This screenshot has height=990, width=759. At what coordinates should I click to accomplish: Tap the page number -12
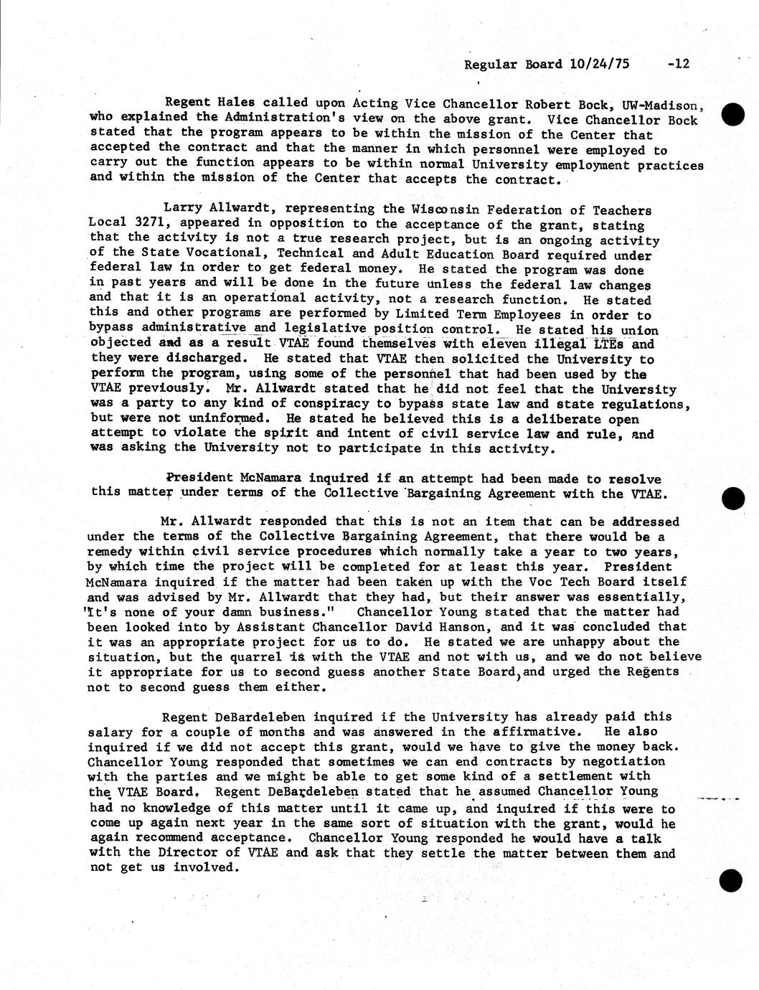pos(677,64)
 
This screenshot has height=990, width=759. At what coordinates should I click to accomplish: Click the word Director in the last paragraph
pos(180,853)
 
